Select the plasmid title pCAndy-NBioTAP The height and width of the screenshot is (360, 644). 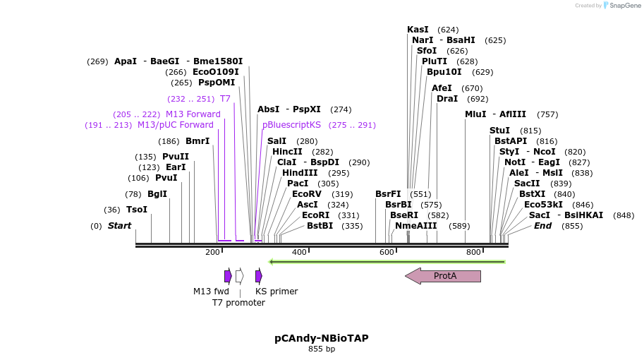(x=321, y=338)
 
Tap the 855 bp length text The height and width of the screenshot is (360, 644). (x=322, y=349)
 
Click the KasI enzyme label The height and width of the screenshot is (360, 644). (x=418, y=30)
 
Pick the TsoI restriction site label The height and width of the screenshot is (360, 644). (x=137, y=210)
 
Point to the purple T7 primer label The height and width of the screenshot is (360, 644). (x=225, y=99)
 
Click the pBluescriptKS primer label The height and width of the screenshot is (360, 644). (x=291, y=125)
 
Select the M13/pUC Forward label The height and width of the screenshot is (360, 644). (x=175, y=125)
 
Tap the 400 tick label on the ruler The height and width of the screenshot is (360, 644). (x=299, y=252)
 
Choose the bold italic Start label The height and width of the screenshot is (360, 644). (x=119, y=226)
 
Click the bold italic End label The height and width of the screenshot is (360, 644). (x=542, y=226)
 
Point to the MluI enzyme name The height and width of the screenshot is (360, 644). (x=475, y=114)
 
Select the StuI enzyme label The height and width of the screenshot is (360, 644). (x=499, y=131)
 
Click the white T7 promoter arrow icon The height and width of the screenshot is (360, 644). (x=240, y=276)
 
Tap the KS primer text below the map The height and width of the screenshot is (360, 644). (x=277, y=292)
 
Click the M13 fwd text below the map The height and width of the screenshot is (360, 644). (x=211, y=292)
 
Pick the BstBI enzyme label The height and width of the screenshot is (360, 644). (x=320, y=226)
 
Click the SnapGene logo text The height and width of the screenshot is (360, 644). (x=625, y=6)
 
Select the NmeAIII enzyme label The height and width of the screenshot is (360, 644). (x=415, y=226)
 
